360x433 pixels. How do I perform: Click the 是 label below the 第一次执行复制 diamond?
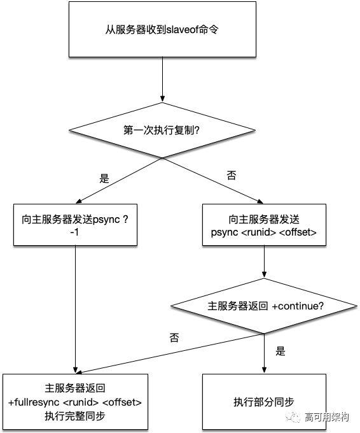[104, 178]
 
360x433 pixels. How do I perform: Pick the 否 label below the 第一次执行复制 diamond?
[232, 176]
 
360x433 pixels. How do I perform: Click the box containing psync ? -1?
[76, 224]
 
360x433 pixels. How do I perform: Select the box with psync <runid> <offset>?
[263, 225]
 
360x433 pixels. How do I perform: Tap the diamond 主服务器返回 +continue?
[263, 306]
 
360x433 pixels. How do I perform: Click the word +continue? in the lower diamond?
[298, 306]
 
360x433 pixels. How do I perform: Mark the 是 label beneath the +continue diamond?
[280, 351]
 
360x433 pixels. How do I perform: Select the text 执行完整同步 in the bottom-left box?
[75, 416]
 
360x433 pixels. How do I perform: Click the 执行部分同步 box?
[263, 402]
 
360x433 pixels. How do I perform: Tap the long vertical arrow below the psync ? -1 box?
[76, 306]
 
